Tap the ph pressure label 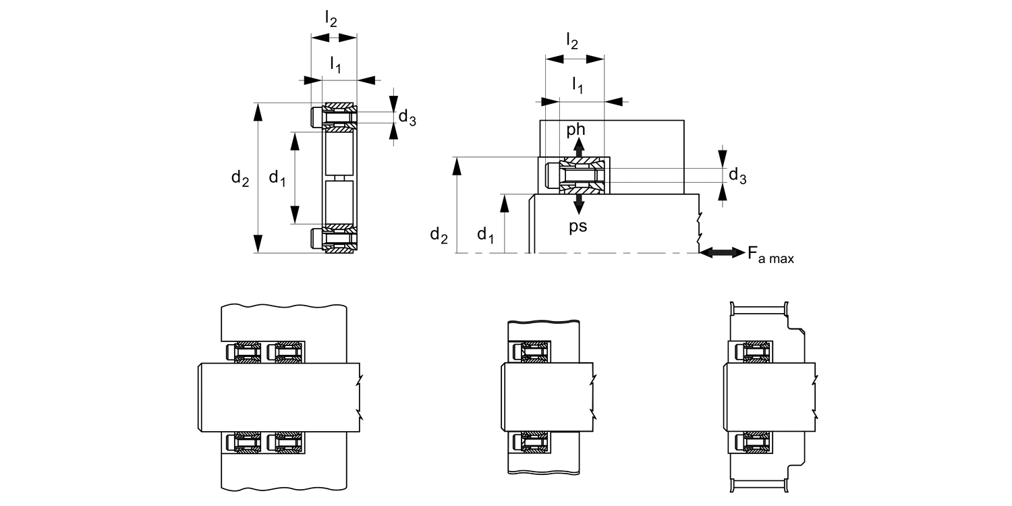[577, 129]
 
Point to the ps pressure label [578, 226]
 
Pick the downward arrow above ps [578, 204]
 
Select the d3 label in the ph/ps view [737, 177]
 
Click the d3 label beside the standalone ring [407, 117]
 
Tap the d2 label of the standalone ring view [240, 178]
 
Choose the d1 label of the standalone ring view [277, 178]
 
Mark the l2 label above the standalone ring [331, 19]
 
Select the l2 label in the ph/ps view [571, 42]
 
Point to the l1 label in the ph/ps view [578, 85]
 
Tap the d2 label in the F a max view [439, 235]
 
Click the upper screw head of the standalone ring [316, 117]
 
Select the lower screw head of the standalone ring [316, 239]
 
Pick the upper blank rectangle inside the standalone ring [339, 154]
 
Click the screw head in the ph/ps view [551, 176]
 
